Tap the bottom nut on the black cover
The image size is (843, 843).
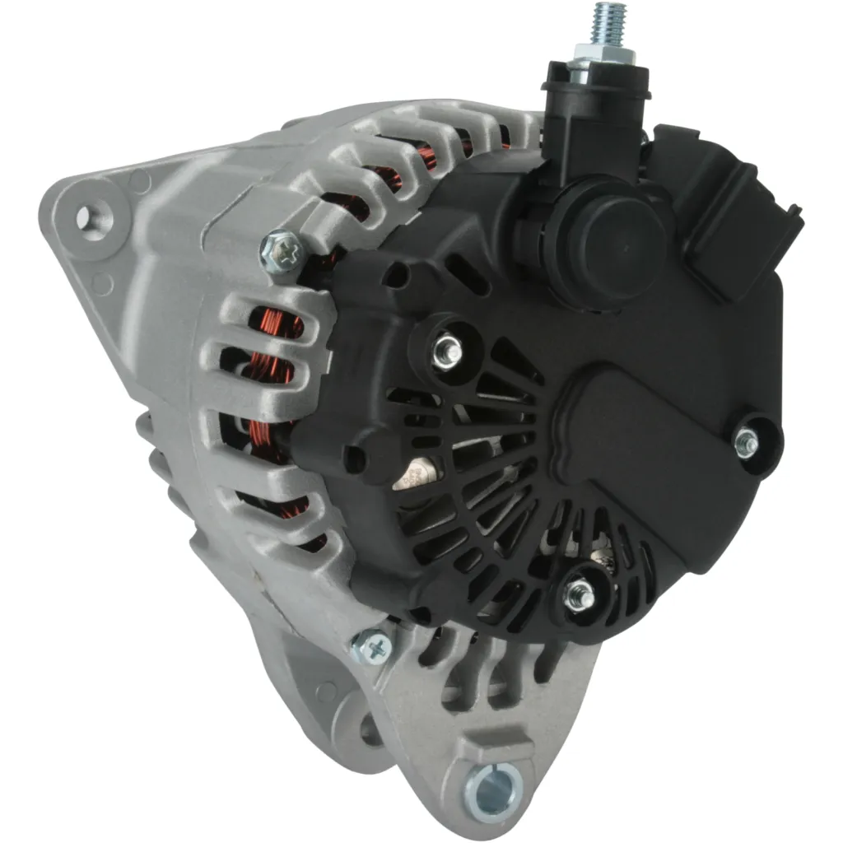(580, 594)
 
